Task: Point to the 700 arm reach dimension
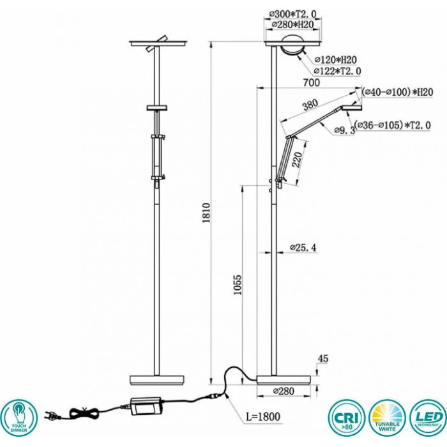tap(312, 82)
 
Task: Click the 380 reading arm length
tap(310, 106)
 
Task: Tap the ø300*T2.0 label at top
tap(292, 13)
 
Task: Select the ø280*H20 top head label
tap(292, 24)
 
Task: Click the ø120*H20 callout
tap(338, 59)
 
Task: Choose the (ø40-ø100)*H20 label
tap(397, 92)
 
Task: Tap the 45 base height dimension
tap(322, 359)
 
